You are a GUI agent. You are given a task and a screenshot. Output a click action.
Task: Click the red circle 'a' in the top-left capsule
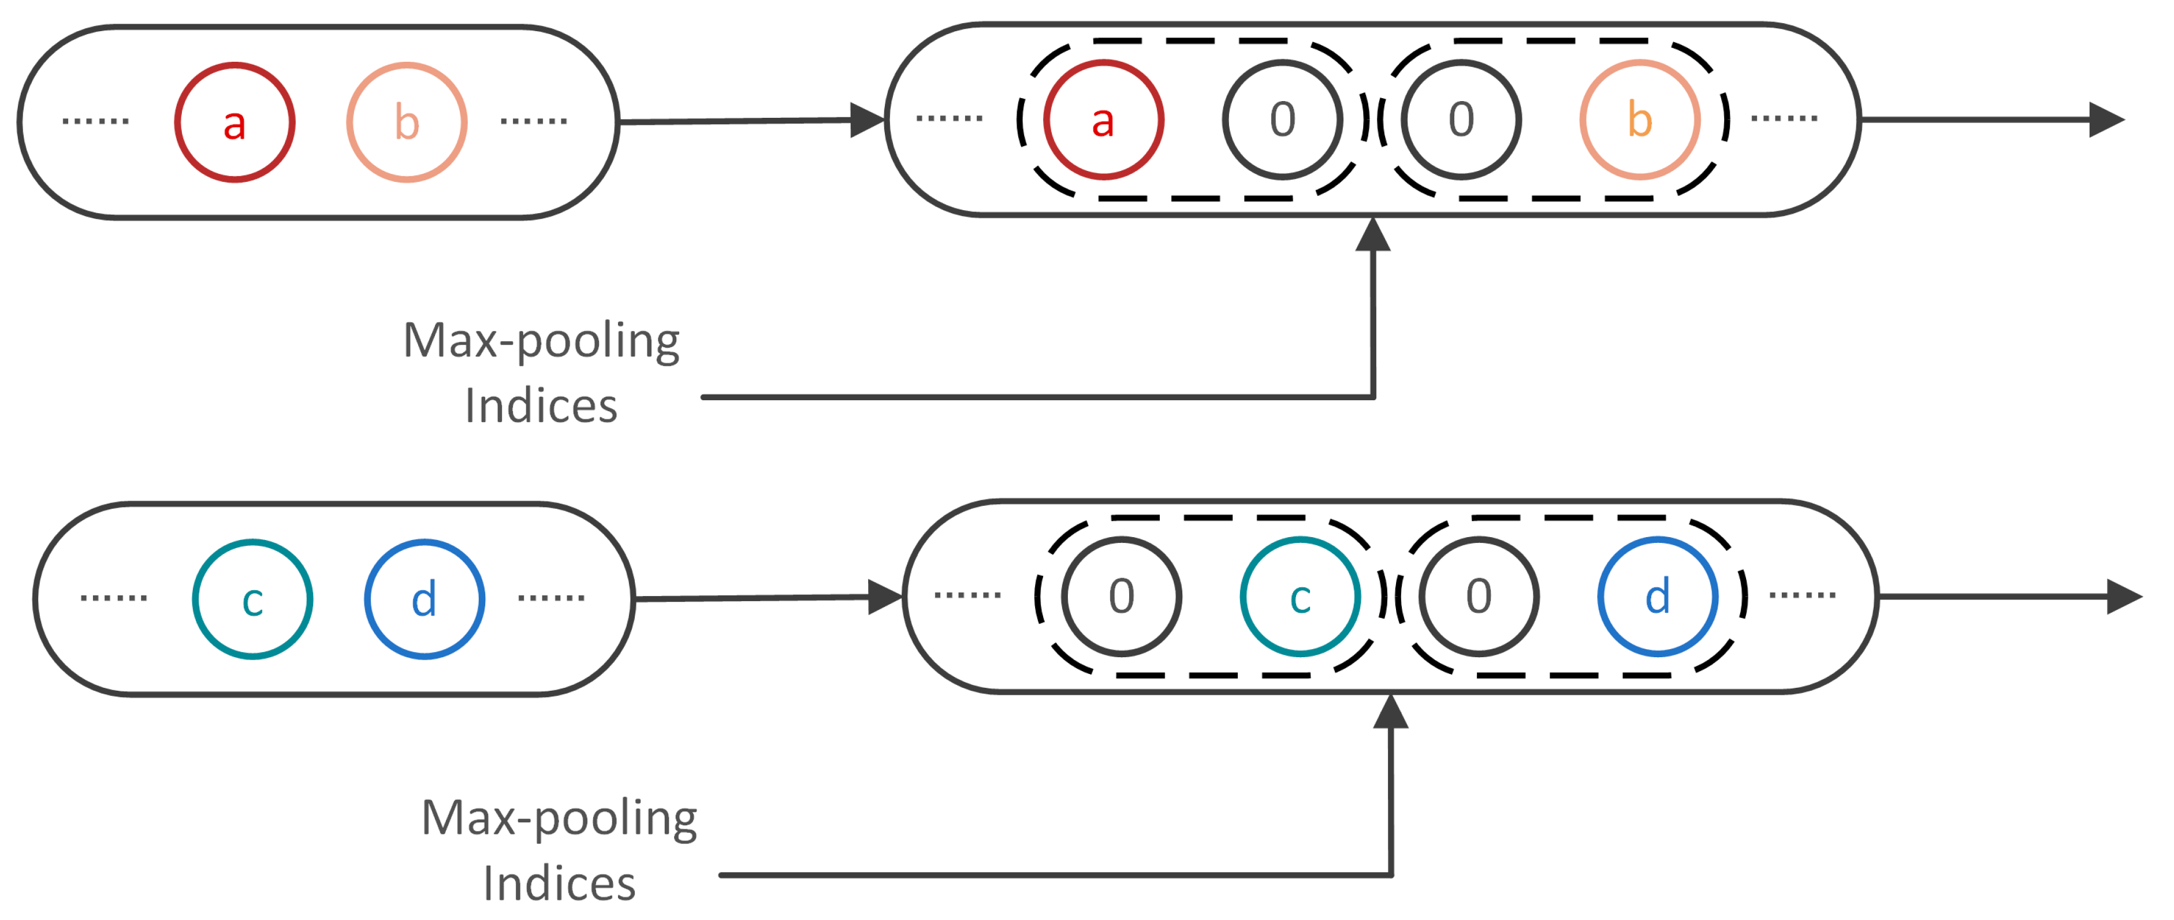[x=234, y=122]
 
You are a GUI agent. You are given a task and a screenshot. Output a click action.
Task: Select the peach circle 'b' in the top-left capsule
[x=407, y=122]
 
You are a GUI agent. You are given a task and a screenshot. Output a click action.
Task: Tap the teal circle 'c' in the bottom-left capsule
[x=252, y=599]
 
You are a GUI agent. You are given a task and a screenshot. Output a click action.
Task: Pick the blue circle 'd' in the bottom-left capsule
[x=425, y=599]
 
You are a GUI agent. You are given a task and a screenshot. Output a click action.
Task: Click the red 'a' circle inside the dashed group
[x=1103, y=120]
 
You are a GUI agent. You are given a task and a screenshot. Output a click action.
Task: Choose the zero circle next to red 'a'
[x=1282, y=120]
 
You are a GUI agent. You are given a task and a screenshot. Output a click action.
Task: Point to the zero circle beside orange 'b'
[x=1461, y=120]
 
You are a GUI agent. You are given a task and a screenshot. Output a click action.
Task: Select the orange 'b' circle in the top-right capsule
[x=1639, y=120]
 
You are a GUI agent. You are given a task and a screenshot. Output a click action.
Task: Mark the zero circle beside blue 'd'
[x=1479, y=597]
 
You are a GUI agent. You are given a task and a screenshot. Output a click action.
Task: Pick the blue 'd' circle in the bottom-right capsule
[x=1658, y=597]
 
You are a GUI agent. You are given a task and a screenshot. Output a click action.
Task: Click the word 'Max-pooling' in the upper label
[x=541, y=341]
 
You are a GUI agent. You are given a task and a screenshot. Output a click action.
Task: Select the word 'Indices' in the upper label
[x=541, y=407]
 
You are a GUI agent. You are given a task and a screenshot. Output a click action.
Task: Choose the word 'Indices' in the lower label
[x=559, y=884]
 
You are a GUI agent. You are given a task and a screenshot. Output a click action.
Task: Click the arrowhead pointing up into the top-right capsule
[x=1373, y=236]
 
